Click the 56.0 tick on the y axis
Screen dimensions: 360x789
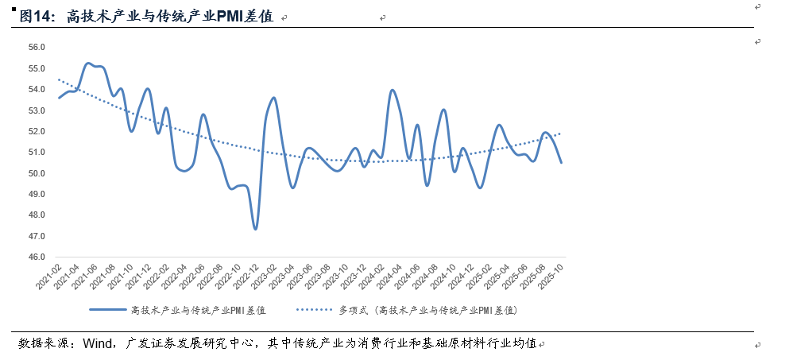(x=37, y=47)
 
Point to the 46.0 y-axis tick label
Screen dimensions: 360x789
(x=37, y=257)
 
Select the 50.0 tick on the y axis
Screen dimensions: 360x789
(x=37, y=173)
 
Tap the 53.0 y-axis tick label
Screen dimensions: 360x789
(x=37, y=110)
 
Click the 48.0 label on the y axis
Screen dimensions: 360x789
(x=37, y=215)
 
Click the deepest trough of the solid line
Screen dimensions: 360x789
(x=255, y=229)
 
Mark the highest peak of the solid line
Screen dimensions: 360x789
(x=88, y=63)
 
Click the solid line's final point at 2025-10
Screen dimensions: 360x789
(x=562, y=162)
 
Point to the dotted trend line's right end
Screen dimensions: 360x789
(x=562, y=134)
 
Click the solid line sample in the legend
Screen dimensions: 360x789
(x=106, y=310)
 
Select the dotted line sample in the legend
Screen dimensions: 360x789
(x=314, y=310)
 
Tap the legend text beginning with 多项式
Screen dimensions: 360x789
(x=428, y=310)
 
